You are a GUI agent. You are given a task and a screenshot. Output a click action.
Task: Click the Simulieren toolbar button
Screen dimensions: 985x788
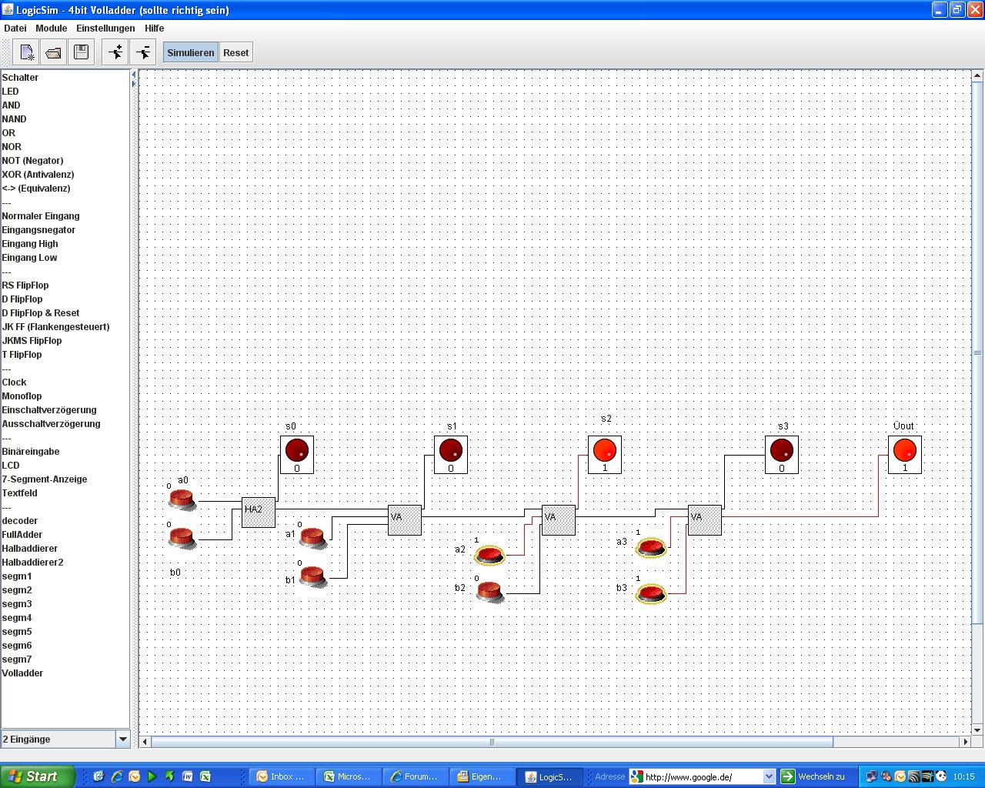point(190,52)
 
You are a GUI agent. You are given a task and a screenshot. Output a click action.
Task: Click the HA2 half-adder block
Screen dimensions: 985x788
point(258,512)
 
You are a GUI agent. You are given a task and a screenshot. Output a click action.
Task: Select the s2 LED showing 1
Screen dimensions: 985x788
point(605,455)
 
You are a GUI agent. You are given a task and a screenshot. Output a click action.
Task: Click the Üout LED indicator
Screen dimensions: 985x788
point(904,455)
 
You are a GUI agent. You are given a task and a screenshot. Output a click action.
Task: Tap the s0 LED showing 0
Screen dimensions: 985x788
point(297,455)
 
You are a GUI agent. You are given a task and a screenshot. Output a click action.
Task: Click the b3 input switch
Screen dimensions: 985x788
point(651,593)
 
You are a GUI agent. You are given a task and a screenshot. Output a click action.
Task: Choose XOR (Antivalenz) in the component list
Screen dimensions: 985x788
point(38,175)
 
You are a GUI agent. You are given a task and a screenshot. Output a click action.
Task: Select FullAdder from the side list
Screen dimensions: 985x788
point(22,534)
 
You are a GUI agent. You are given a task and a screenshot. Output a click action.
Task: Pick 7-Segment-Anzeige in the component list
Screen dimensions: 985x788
point(45,479)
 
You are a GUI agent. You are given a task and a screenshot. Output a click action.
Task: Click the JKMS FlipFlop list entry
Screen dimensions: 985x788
point(32,341)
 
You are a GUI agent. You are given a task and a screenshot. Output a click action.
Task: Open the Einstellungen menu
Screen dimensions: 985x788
point(105,28)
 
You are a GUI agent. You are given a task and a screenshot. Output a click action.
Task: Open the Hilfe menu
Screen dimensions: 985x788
point(154,28)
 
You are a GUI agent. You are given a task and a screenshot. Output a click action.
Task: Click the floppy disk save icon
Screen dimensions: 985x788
point(81,52)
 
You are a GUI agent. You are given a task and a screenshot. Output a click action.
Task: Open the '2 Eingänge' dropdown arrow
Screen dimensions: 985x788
point(122,739)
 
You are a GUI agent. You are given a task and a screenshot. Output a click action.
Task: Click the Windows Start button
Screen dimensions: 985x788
point(37,776)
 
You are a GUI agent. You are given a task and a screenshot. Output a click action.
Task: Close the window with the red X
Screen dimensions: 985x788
point(974,9)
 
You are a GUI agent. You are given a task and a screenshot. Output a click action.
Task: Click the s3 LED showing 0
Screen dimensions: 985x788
point(782,455)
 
